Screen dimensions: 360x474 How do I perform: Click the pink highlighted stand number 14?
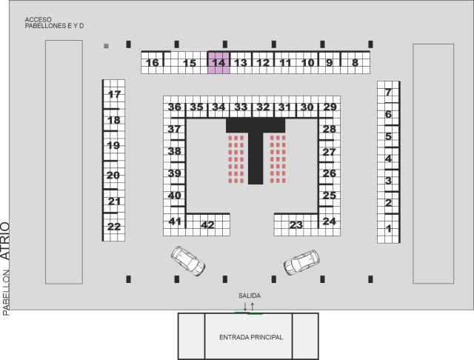[218, 63]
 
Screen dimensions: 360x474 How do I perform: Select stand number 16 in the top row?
[153, 63]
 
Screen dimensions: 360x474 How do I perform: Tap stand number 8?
[355, 63]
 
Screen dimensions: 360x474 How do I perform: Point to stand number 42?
[207, 224]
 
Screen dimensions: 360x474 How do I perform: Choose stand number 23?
[296, 224]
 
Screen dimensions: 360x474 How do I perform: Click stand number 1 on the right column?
[388, 230]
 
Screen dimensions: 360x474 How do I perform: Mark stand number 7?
[388, 93]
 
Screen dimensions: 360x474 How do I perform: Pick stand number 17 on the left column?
[114, 94]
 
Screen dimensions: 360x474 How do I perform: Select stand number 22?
[114, 227]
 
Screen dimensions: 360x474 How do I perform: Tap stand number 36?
[175, 107]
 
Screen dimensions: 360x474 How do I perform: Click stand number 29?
[330, 107]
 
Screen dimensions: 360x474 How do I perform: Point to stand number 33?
[241, 107]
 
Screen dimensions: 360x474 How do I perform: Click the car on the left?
[187, 261]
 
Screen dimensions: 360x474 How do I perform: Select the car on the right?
[301, 262]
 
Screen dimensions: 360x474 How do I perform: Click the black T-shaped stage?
[256, 148]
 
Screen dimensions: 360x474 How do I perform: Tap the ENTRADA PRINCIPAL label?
[251, 337]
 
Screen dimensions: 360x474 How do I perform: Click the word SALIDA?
[250, 296]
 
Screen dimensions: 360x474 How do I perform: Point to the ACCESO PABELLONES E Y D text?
[54, 22]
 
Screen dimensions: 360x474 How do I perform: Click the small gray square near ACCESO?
[107, 46]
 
